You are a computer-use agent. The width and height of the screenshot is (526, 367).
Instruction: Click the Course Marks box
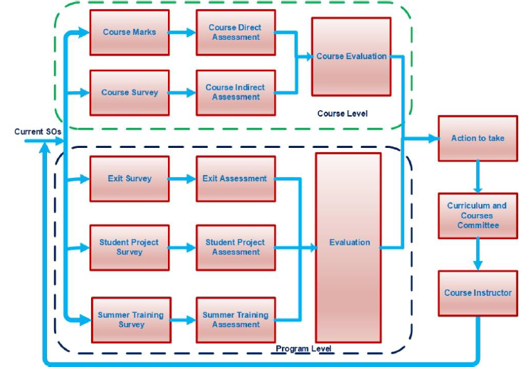pyautogui.click(x=129, y=32)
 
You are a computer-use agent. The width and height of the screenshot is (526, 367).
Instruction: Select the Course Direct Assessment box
pyautogui.click(x=236, y=32)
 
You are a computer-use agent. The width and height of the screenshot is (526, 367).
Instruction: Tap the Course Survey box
pyautogui.click(x=129, y=92)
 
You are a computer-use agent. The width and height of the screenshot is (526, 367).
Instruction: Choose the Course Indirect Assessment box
pyautogui.click(x=236, y=92)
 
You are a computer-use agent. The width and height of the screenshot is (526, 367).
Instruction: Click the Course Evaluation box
pyautogui.click(x=351, y=57)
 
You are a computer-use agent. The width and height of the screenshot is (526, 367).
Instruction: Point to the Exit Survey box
pyautogui.click(x=129, y=179)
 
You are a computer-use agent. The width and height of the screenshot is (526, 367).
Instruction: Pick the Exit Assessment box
pyautogui.click(x=236, y=179)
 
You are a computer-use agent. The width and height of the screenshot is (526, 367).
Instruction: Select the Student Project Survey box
pyautogui.click(x=129, y=247)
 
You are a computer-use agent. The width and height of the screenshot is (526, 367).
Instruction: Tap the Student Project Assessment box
pyautogui.click(x=236, y=247)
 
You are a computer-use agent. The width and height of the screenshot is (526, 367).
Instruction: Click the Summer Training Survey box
pyautogui.click(x=129, y=319)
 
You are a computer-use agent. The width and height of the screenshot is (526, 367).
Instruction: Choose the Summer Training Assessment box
pyautogui.click(x=236, y=319)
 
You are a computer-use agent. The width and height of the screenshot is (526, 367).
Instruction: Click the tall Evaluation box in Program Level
pyautogui.click(x=348, y=243)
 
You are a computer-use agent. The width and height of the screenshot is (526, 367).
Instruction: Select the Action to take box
pyautogui.click(x=478, y=138)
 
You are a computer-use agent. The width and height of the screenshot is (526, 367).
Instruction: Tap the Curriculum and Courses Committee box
pyautogui.click(x=478, y=216)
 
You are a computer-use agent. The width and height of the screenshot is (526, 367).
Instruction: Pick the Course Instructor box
pyautogui.click(x=478, y=293)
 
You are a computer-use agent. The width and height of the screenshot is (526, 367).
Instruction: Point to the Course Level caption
pyautogui.click(x=342, y=114)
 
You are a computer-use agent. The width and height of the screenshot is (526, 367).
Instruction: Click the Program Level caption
pyautogui.click(x=303, y=349)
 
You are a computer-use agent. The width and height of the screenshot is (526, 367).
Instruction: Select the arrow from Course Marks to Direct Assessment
pyautogui.click(x=183, y=32)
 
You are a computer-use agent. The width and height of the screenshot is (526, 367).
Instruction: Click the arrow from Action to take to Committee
pyautogui.click(x=478, y=176)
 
